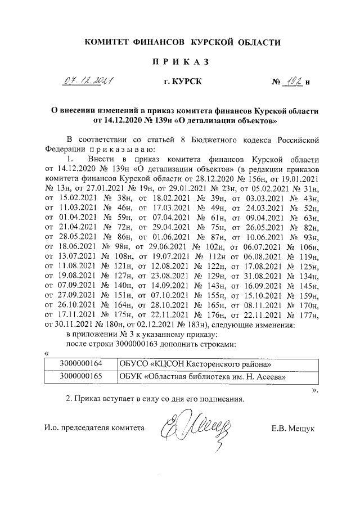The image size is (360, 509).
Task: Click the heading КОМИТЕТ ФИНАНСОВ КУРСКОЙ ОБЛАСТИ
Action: click(182, 42)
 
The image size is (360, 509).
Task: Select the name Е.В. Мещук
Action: click(292, 428)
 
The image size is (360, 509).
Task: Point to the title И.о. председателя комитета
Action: click(94, 428)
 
